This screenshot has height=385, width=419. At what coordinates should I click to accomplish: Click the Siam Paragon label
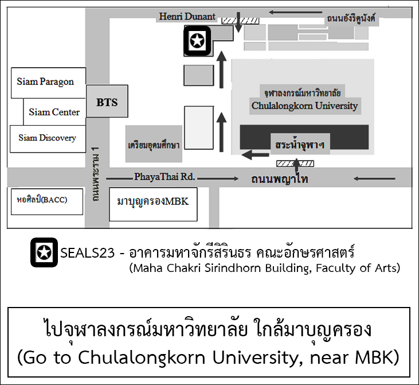pos(45,81)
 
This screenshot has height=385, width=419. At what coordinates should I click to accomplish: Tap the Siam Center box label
pos(54,112)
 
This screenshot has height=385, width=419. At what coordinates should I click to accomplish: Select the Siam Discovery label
pos(48,138)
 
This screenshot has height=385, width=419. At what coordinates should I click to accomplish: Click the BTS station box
pos(107,101)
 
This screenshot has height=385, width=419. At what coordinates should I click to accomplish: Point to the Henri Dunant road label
pos(187,17)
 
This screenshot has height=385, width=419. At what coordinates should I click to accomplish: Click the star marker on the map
pos(197,41)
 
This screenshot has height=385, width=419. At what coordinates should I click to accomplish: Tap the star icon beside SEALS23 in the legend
pos(44,252)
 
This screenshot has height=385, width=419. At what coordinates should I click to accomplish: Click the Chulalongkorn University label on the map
pos(304,106)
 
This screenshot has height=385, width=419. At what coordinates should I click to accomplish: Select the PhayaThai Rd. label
pos(165,177)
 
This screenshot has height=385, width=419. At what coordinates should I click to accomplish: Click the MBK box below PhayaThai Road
pos(153,204)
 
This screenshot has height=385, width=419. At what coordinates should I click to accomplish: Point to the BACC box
pos(47,201)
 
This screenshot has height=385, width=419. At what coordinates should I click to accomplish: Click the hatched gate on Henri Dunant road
pos(241,21)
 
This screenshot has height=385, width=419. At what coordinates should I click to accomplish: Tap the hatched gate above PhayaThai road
pos(295,164)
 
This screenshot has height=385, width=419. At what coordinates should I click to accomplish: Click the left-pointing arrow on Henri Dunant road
pos(295,12)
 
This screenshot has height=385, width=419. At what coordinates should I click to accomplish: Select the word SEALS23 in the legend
pos(87,253)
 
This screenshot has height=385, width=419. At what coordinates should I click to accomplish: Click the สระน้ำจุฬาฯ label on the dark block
pos(300,145)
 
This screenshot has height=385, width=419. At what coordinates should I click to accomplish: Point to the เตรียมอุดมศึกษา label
pos(154,145)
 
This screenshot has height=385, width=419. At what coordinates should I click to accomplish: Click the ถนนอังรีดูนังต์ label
pos(351,18)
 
